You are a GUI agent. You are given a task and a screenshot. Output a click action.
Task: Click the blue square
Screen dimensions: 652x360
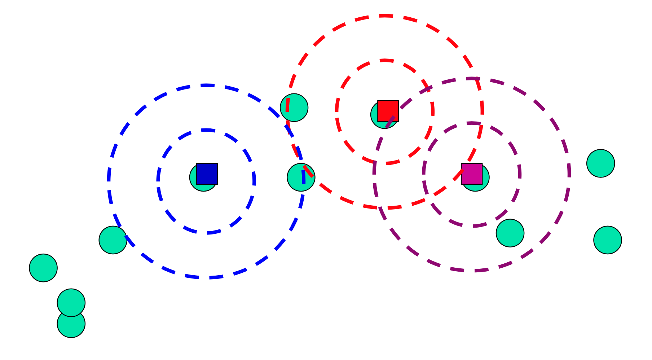(207, 174)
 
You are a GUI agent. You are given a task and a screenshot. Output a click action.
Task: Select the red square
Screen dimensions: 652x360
(388, 111)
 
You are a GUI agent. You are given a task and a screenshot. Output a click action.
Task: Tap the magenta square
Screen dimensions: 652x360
(472, 174)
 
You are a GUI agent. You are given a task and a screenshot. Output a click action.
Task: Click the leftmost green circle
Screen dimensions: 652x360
(43, 268)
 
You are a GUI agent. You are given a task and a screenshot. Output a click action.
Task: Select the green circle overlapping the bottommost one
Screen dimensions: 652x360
(71, 300)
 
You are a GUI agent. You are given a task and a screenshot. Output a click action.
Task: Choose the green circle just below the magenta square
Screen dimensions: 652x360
(510, 233)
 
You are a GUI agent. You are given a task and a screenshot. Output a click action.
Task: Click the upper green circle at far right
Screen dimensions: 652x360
(600, 163)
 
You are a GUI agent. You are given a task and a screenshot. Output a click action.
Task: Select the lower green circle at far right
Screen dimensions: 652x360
(608, 240)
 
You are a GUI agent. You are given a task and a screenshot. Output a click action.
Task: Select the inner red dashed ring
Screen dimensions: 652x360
(385, 60)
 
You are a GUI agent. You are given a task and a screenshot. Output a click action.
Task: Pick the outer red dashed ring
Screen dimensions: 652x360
(385, 16)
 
